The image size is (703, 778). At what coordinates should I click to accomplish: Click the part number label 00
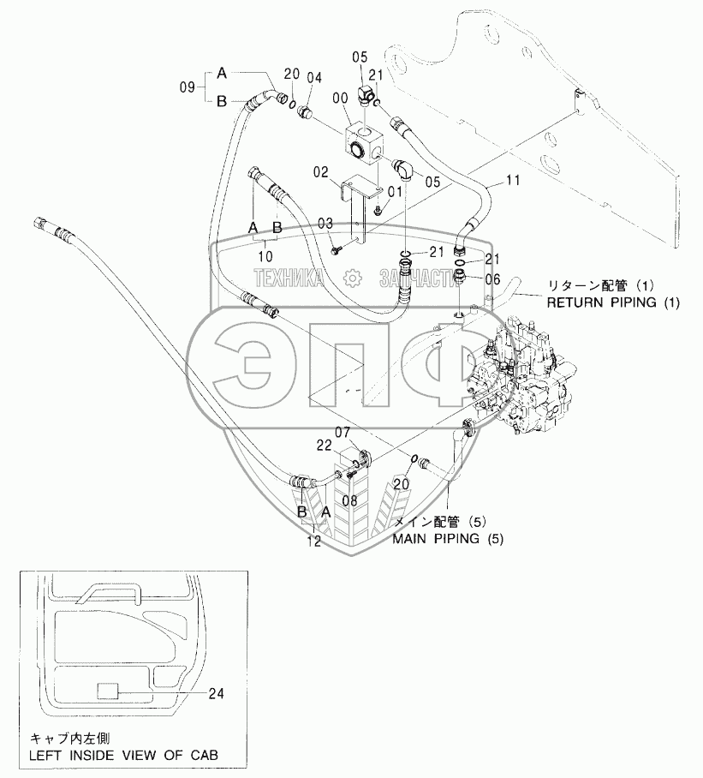click(341, 99)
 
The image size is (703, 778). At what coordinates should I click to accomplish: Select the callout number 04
click(314, 78)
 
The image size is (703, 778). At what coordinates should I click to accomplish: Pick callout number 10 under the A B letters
click(265, 254)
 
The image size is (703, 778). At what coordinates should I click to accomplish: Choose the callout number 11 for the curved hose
click(512, 181)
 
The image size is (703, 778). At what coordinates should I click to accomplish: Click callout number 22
click(323, 446)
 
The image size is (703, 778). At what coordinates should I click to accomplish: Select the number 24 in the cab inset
click(216, 694)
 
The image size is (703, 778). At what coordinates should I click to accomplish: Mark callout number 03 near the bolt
click(325, 223)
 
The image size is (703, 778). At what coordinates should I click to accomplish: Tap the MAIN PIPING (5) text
click(449, 540)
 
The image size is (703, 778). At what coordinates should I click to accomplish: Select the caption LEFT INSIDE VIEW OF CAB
click(123, 755)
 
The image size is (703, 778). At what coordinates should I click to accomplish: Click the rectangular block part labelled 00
click(365, 141)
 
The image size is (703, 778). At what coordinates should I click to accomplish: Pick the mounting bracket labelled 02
click(360, 206)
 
